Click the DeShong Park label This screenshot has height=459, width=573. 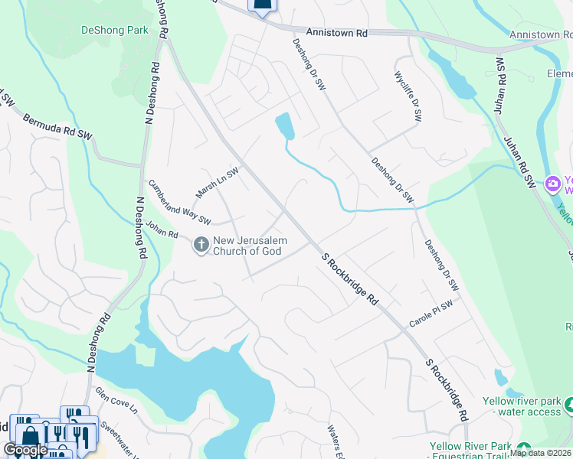click(114, 31)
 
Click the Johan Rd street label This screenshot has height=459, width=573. click(162, 229)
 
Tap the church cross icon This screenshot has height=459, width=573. click(201, 245)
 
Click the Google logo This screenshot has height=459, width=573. click(25, 450)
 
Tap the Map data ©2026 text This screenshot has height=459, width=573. click(541, 453)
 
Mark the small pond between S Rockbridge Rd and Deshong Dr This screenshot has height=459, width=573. click(285, 125)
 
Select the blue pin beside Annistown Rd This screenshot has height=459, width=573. click(262, 6)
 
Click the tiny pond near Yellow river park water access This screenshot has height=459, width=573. click(500, 378)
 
